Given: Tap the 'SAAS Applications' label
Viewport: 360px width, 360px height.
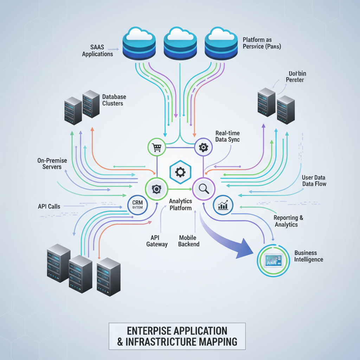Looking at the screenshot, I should click(97, 50).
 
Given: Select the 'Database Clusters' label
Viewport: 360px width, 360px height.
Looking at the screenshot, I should click(114, 100).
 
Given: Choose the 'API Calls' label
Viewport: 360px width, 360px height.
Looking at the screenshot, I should click(49, 206).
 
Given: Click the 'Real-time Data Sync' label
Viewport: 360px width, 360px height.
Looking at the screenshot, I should click(227, 136).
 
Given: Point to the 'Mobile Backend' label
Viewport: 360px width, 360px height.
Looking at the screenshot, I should click(189, 241).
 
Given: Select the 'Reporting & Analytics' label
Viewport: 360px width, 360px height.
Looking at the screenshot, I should click(288, 221).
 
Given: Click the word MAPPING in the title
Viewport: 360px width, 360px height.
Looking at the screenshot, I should click(217, 342).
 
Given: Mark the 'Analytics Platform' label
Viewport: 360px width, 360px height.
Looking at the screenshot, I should click(180, 204).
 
